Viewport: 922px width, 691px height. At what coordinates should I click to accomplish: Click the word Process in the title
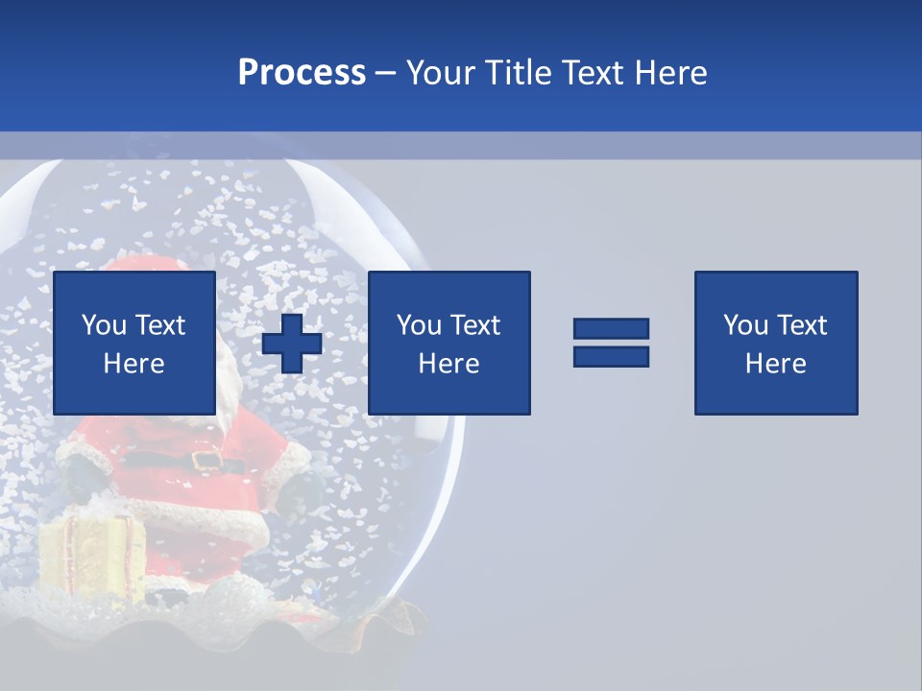[302, 73]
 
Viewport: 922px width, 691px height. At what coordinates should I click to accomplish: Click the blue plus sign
[292, 344]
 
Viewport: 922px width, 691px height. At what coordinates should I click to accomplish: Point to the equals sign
[611, 343]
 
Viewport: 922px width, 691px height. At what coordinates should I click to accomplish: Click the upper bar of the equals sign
[611, 329]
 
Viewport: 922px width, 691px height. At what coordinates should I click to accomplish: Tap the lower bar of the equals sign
[611, 356]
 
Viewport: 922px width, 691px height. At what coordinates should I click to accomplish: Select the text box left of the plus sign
[134, 343]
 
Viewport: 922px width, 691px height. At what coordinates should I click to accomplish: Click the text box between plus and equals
[449, 343]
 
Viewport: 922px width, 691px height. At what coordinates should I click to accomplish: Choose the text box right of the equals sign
[776, 343]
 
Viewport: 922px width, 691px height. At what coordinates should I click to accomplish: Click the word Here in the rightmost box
[776, 364]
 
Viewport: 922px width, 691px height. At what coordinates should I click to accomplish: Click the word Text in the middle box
[473, 325]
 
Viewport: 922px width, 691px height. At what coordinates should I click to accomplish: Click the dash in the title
[385, 73]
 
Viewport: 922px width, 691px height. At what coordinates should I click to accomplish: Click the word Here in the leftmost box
[134, 364]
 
